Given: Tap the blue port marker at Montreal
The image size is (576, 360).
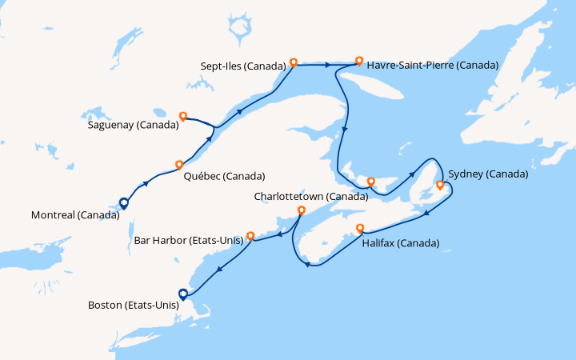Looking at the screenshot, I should coord(123,203).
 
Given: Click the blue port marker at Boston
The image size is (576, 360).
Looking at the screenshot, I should coord(183,294).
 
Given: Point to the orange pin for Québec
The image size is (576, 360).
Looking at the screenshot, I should coord(179,165).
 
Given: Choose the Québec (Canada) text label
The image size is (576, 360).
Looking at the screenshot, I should coord(224,176).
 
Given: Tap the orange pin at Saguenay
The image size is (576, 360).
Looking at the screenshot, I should coord(183,116).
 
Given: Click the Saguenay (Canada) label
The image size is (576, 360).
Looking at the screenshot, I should coord(132,125).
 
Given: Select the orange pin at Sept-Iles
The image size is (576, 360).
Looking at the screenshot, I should coord(294,62).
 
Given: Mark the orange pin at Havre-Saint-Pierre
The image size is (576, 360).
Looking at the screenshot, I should coord(359,61).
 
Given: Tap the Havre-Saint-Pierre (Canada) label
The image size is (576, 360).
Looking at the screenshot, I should coord(432,65).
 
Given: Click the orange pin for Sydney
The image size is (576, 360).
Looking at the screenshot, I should coord(439,186).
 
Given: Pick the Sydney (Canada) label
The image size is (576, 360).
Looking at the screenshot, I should coord(488,174).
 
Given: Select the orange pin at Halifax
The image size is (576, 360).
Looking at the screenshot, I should coord(360,227).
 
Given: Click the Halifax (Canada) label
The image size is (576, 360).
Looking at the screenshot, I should coord(400,242).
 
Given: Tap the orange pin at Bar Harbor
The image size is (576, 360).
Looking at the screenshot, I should coord(250,236).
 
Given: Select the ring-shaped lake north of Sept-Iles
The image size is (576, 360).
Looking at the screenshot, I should coord(238,30).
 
